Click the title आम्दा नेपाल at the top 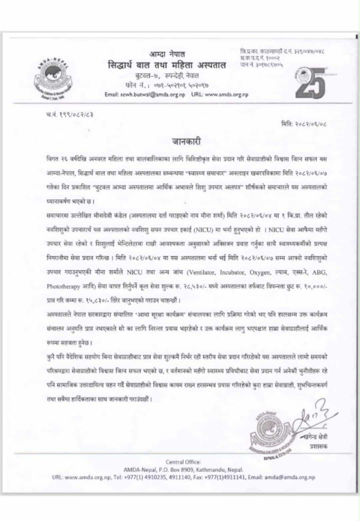(167, 54)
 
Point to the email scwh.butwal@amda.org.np (145, 94)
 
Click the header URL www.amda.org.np (227, 94)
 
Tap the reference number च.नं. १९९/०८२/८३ (69, 114)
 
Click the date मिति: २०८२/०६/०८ (304, 124)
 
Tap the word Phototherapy (59, 287)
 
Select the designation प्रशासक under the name (318, 446)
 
